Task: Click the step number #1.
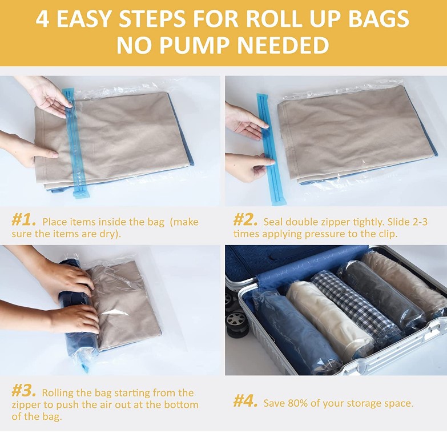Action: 24,220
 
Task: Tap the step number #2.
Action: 245,220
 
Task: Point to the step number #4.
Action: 246,402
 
